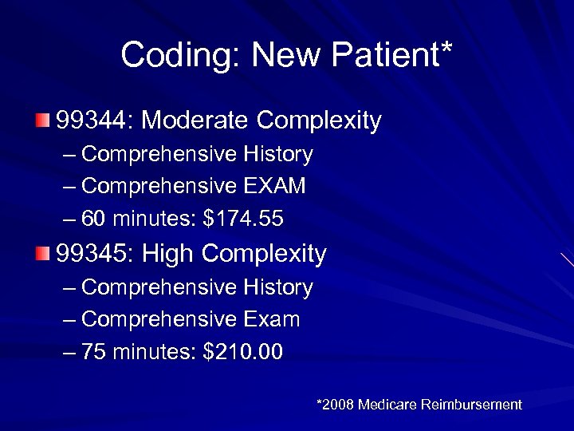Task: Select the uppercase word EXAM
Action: [273, 186]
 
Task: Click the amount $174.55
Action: [244, 218]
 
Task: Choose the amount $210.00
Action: [243, 351]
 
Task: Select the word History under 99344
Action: [277, 154]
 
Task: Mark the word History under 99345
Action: [277, 287]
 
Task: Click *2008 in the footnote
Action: [335, 405]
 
